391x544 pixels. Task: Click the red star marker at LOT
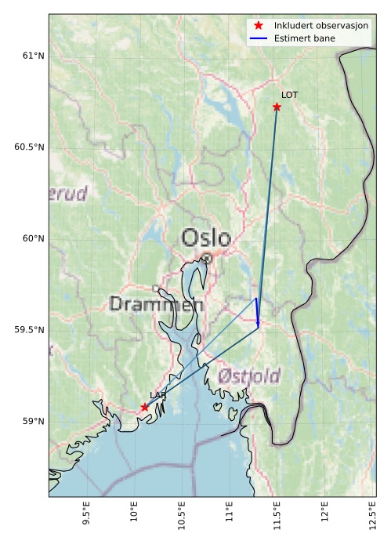pos(277,107)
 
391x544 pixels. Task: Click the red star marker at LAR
pos(144,407)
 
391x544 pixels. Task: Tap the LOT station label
pos(290,95)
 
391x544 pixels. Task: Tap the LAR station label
pos(157,396)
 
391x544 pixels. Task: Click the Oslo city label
pos(206,238)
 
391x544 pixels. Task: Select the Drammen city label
pos(157,304)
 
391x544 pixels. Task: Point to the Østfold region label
pos(248,376)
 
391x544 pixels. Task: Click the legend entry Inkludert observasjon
pos(321,26)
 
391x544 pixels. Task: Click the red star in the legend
pos(259,26)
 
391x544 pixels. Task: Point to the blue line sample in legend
pos(259,38)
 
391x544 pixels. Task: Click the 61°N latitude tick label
pos(31,56)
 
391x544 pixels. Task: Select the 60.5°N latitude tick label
pos(28,147)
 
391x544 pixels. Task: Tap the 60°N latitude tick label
pos(31,238)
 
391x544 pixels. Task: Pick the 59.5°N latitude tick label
pos(28,330)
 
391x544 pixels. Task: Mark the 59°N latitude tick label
pos(31,422)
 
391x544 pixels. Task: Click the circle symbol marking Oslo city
pos(206,258)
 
